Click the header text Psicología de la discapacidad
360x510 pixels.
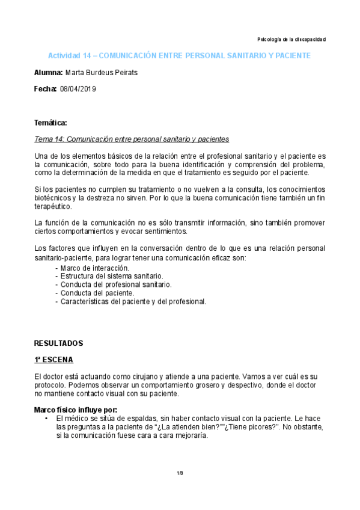coord(291,39)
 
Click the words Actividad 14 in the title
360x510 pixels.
coord(72,55)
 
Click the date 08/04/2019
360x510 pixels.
coord(78,89)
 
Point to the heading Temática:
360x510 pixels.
coord(51,123)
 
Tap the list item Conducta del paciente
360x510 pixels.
coord(94,293)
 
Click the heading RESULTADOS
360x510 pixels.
coord(58,343)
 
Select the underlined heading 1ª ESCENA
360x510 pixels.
coord(53,360)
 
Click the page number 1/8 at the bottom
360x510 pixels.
coord(180,473)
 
